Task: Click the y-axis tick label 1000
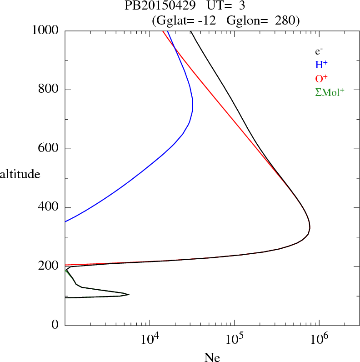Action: (x=45, y=30)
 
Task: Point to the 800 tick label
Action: (x=49, y=90)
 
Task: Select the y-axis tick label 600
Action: (x=49, y=149)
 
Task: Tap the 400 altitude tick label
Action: (x=49, y=208)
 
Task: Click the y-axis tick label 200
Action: (x=49, y=266)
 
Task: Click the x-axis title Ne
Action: (x=212, y=358)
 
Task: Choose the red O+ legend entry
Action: (x=321, y=78)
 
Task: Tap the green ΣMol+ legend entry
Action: (x=330, y=92)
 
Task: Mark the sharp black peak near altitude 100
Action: (x=130, y=295)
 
